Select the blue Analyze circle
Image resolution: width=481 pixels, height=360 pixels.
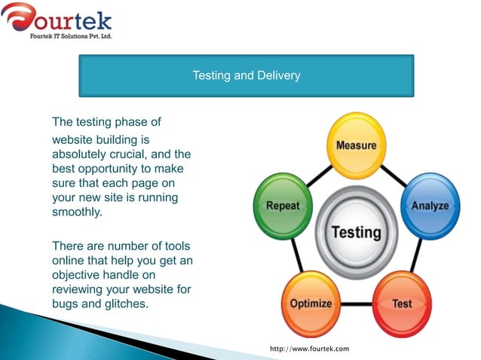(x=429, y=206)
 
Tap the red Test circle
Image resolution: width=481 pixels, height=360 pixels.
(x=401, y=304)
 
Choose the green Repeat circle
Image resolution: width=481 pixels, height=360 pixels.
(x=282, y=206)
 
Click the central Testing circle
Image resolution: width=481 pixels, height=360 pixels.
(x=356, y=232)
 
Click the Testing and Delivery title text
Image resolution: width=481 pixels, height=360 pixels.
(x=246, y=75)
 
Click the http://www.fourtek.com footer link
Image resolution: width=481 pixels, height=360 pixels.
(x=309, y=349)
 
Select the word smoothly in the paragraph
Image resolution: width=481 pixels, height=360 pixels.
(x=76, y=212)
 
